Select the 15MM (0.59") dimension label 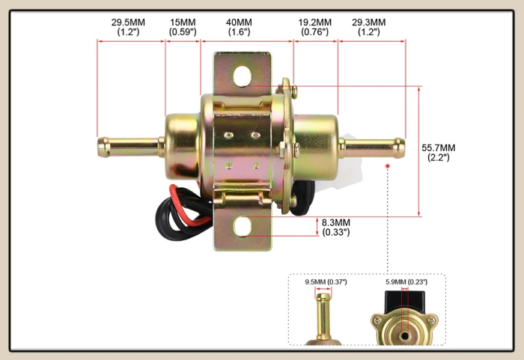pyautogui.click(x=183, y=27)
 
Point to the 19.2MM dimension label pyautogui.click(x=315, y=27)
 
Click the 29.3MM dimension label pyautogui.click(x=368, y=27)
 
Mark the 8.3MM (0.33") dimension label pyautogui.click(x=336, y=228)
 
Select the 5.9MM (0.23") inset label pyautogui.click(x=406, y=282)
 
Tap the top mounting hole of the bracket pyautogui.click(x=243, y=76)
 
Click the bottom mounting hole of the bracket pyautogui.click(x=243, y=226)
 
